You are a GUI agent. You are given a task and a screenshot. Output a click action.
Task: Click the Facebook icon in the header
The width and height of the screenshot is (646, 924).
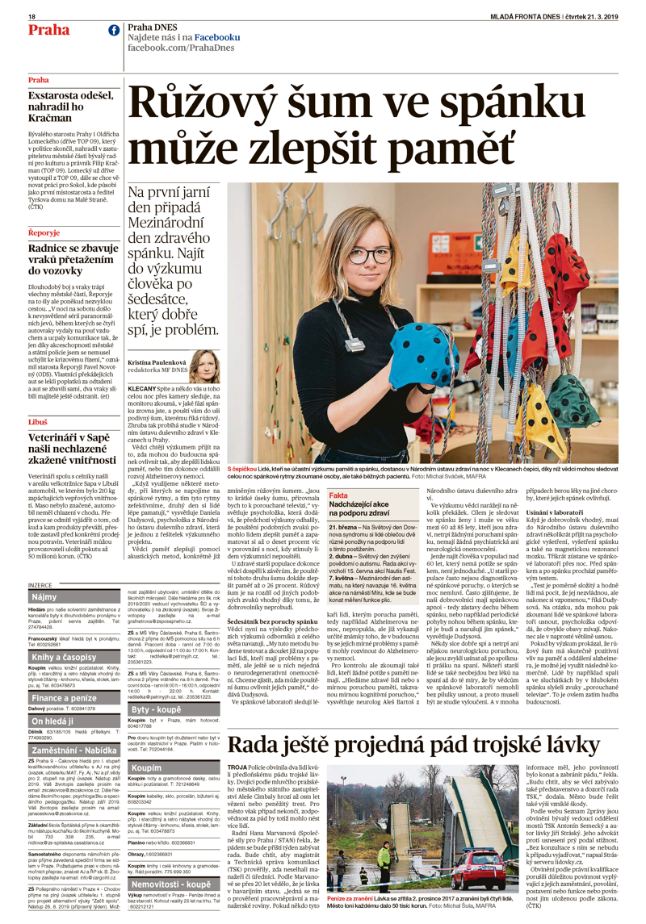tap(113, 31)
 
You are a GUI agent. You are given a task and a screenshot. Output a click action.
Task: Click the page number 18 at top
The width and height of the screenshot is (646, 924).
tap(31, 17)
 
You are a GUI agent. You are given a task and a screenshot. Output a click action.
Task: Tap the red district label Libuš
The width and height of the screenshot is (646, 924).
tap(37, 422)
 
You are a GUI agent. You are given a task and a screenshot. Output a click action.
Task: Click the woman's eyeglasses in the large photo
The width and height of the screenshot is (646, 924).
tap(368, 254)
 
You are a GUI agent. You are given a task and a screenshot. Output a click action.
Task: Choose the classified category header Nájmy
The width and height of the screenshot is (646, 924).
tap(44, 596)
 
